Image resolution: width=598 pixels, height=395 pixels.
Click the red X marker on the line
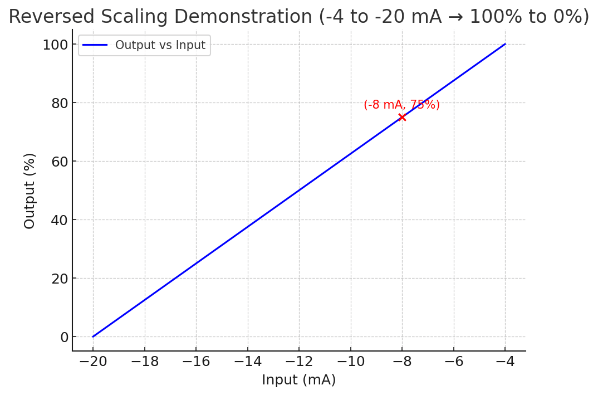pos(402,117)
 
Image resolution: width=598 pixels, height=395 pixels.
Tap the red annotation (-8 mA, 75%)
pos(401,105)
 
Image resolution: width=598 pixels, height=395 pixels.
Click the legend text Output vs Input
pos(160,45)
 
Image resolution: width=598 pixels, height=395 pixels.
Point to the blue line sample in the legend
pos(95,45)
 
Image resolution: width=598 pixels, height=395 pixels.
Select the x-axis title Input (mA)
pos(298,380)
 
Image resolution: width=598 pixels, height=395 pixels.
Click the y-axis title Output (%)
pos(30,191)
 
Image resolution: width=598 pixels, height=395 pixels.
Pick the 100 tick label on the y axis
pos(55,45)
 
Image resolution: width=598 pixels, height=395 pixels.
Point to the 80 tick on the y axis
pos(59,103)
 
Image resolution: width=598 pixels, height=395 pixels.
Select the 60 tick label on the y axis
pos(59,162)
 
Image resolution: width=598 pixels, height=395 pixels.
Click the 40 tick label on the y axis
pos(59,220)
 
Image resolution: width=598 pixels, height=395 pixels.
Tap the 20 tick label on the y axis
pos(59,279)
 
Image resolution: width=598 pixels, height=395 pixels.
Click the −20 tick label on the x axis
pos(93,362)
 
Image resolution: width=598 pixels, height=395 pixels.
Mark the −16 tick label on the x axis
pos(196,362)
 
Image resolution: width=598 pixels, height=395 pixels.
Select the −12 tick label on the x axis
pos(299,362)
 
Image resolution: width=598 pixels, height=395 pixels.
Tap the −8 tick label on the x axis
pos(402,362)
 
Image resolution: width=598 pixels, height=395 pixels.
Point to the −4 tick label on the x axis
pos(505,362)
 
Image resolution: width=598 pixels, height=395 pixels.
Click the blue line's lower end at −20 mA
pos(94,337)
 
